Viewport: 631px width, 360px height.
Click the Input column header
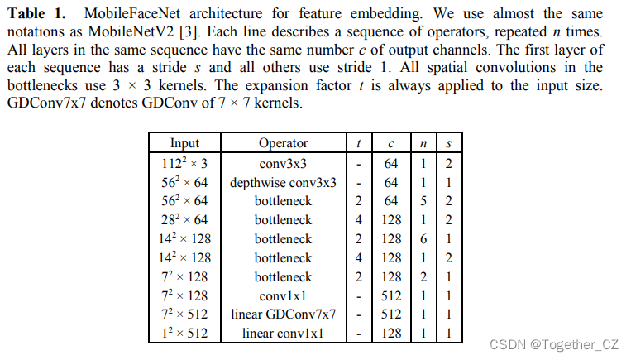[x=184, y=143]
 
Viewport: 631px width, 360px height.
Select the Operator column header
[x=283, y=143]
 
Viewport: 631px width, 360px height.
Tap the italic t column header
[x=357, y=143]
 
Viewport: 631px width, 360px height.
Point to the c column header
[x=391, y=143]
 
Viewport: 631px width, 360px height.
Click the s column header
[x=447, y=143]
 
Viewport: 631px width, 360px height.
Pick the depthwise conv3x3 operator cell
[x=283, y=182]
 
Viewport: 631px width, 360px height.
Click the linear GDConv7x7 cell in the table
[x=283, y=314]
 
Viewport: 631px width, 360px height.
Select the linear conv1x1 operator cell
[x=283, y=334]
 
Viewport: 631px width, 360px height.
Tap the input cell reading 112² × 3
[x=184, y=163]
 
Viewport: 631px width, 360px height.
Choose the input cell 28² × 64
[x=184, y=220]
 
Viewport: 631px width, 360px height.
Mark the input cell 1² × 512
[x=184, y=334]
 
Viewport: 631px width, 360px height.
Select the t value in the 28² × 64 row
[x=357, y=220]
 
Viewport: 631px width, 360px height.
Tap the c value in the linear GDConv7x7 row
[x=391, y=314]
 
